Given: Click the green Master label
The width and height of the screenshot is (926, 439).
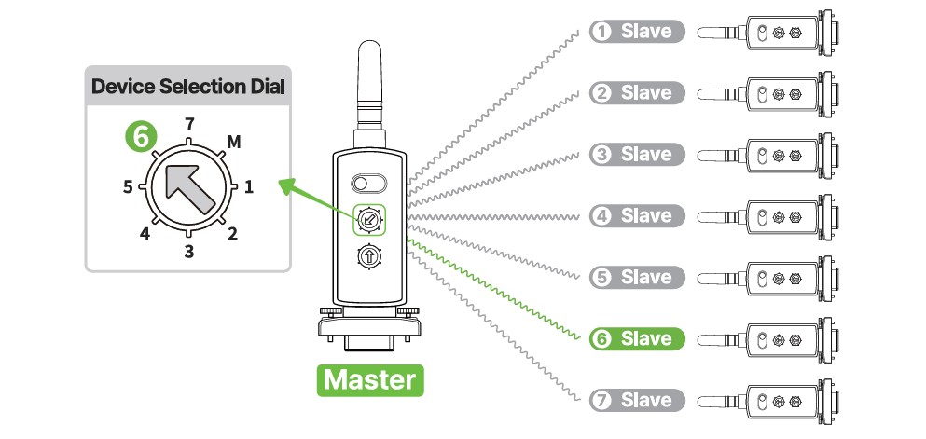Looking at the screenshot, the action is [x=370, y=380].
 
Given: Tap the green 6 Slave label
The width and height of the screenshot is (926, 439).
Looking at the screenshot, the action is [x=637, y=338].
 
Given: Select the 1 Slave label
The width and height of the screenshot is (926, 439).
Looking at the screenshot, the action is [x=637, y=32].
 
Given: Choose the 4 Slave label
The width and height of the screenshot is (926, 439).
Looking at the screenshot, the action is [x=637, y=216].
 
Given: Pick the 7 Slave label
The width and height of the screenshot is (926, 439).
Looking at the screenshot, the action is [x=637, y=400].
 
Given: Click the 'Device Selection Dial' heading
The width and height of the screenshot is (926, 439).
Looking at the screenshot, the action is [x=187, y=87].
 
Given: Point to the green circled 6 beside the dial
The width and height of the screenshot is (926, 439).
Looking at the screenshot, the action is [x=141, y=137].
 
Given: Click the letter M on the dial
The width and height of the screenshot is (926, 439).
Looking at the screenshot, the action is [x=234, y=143].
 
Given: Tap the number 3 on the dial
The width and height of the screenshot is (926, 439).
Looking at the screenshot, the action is [x=188, y=252].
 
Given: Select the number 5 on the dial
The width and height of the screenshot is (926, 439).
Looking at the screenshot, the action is [x=128, y=187].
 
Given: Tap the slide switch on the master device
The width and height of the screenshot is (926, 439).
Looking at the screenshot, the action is [x=368, y=183].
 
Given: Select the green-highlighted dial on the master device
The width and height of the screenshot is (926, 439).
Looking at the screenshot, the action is [x=369, y=220].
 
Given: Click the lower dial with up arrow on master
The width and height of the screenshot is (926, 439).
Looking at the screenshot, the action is [x=369, y=256].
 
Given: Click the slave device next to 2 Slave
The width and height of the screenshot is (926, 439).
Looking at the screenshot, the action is [x=767, y=93].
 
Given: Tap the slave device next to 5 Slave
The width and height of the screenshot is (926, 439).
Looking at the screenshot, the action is [x=767, y=278].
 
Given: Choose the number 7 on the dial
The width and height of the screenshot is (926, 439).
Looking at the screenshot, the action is [x=189, y=125].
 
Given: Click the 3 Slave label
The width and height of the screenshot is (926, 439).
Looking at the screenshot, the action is [x=637, y=155].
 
